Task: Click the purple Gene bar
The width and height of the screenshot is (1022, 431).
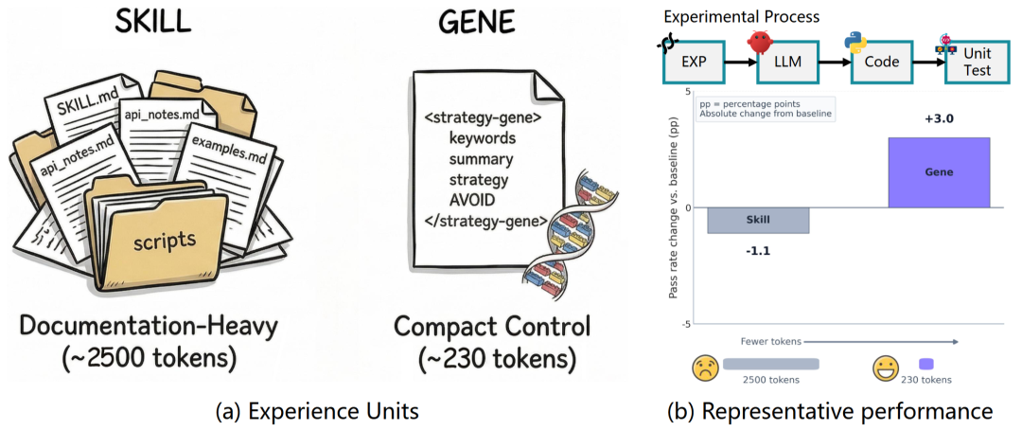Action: (939, 172)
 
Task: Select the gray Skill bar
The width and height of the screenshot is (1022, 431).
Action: (758, 220)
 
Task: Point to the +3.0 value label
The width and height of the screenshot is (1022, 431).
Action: (939, 119)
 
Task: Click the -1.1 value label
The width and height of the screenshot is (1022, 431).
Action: (759, 252)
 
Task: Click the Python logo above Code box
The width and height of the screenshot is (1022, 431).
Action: (857, 41)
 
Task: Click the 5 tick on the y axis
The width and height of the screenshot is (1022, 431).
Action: (688, 92)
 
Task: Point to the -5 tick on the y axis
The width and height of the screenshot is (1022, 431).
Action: (685, 324)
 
